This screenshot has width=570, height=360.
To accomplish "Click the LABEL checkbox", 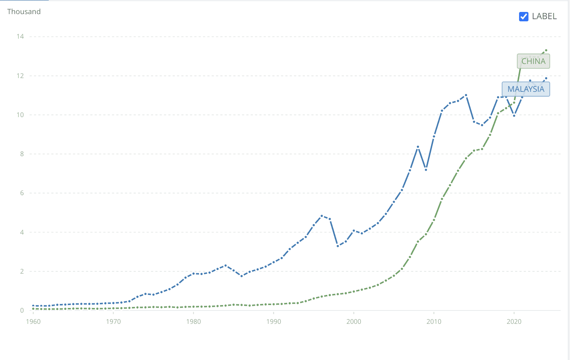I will (523, 17).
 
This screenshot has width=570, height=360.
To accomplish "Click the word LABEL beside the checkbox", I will (544, 17).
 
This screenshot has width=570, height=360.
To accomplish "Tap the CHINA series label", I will (533, 61).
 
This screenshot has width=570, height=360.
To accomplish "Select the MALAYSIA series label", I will (526, 89).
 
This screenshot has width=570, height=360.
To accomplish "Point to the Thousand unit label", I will (24, 12).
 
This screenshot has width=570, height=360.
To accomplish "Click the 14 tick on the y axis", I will (20, 37).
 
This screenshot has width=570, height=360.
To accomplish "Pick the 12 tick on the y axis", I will (20, 76).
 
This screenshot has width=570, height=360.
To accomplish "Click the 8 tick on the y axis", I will (22, 154).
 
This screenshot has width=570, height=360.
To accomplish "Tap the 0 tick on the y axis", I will (22, 310).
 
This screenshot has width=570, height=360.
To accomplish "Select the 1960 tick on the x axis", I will (33, 322).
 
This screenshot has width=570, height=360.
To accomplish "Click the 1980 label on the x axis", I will (194, 322).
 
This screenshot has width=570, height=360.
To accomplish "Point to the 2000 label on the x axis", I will (354, 322).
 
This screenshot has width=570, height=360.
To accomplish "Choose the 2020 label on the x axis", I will (514, 322).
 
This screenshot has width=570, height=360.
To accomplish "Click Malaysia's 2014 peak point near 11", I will (466, 95).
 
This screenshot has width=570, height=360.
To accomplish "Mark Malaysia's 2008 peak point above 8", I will (418, 147).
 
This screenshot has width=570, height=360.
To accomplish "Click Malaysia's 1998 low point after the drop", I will (338, 246).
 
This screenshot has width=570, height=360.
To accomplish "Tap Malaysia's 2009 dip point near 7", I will (426, 170).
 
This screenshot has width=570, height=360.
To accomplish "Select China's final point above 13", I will (546, 50).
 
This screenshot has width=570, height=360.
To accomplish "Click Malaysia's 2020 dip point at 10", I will (514, 116).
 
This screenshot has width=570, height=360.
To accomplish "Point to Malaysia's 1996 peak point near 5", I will (322, 216).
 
